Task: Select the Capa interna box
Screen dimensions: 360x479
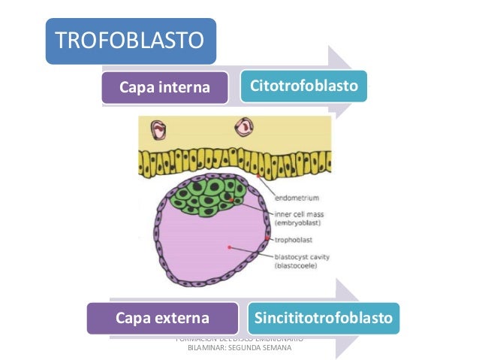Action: (x=164, y=88)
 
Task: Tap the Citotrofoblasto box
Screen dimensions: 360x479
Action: (x=304, y=87)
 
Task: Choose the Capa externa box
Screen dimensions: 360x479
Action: (x=161, y=319)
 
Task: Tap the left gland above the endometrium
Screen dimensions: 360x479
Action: (x=158, y=130)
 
